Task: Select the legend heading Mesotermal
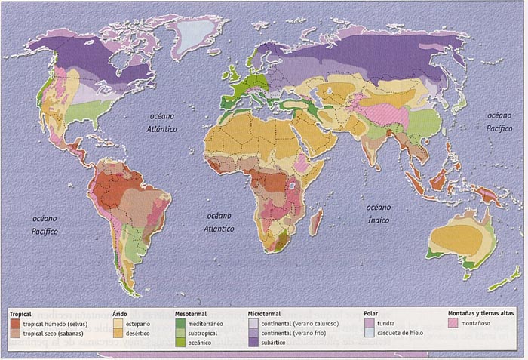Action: pos(192,312)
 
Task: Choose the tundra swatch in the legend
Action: pos(368,322)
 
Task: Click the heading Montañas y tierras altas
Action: pos(479,312)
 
